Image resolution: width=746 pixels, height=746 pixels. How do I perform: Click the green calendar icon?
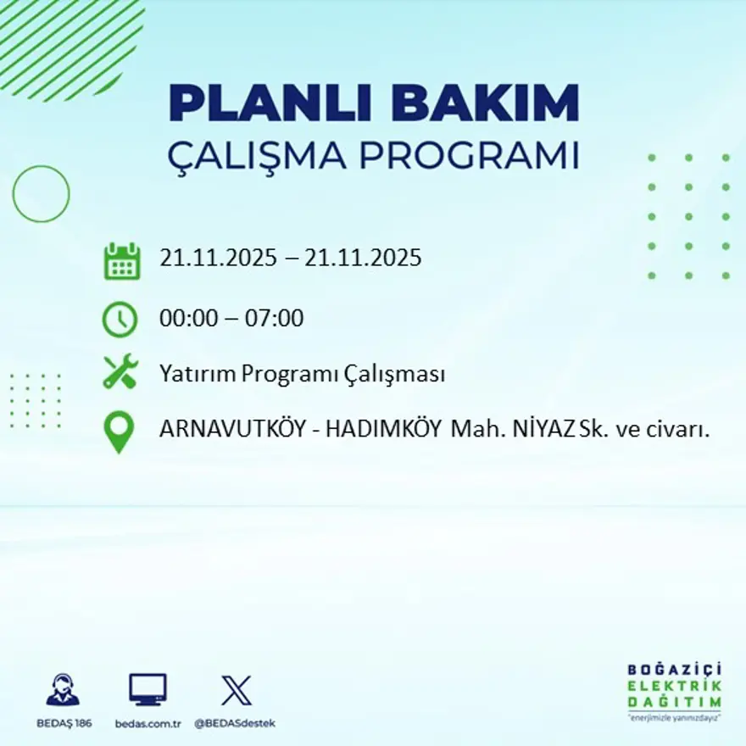tap(121, 261)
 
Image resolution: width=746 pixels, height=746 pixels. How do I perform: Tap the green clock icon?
tap(120, 319)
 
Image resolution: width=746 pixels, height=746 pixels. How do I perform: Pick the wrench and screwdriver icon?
tap(120, 372)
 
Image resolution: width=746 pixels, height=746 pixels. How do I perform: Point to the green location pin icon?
tap(119, 431)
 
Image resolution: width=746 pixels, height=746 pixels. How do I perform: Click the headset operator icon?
tap(63, 690)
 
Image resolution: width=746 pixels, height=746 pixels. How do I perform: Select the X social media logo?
tap(236, 690)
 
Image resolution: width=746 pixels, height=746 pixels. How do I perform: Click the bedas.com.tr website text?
tap(148, 723)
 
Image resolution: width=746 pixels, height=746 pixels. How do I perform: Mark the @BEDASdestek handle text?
tap(235, 723)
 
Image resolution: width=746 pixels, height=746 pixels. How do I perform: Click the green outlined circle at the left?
tap(41, 194)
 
